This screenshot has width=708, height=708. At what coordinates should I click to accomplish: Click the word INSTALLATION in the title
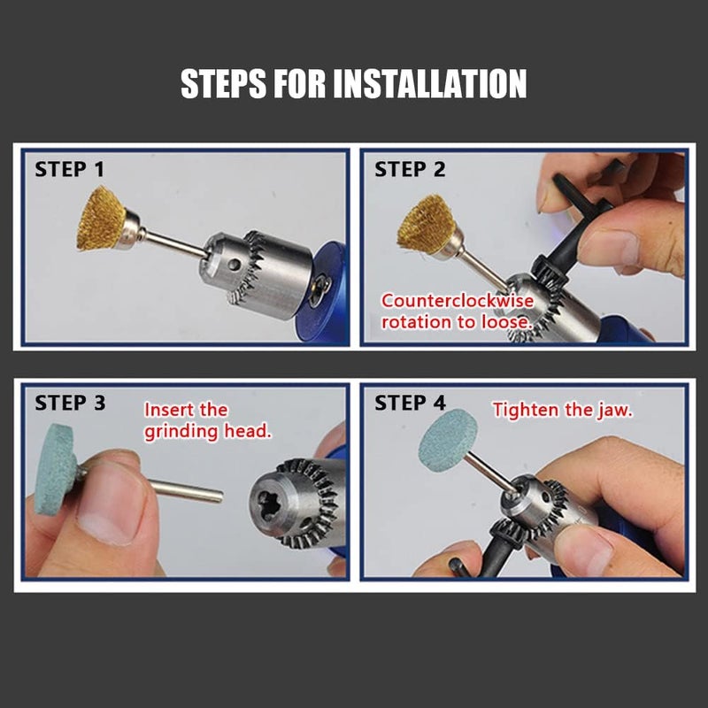[430, 84]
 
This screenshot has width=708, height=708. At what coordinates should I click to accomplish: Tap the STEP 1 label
[73, 169]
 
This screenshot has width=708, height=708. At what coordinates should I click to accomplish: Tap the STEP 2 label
[410, 169]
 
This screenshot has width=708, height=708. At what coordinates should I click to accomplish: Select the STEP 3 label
[70, 403]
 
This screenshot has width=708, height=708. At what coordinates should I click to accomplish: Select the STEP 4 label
[410, 403]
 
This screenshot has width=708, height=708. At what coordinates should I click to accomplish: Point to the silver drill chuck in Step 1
[257, 270]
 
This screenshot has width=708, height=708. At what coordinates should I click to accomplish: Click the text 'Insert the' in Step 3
[186, 411]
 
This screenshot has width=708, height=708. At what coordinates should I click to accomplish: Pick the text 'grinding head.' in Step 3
[208, 431]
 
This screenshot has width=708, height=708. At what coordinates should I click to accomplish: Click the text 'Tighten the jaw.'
[563, 410]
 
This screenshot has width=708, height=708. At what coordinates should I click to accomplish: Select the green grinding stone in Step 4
[447, 439]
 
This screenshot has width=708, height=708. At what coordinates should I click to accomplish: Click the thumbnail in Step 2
[610, 247]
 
